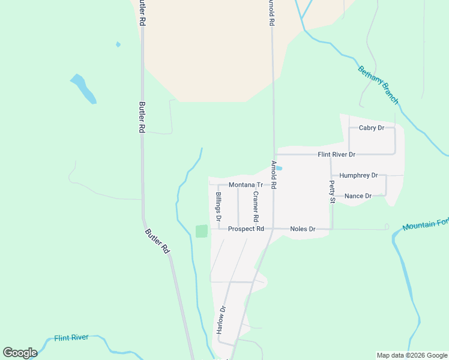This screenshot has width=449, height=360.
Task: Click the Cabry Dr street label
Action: click(x=371, y=128)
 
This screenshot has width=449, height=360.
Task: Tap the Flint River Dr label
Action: click(x=336, y=154)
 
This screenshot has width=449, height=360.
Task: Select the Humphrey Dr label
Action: click(x=358, y=175)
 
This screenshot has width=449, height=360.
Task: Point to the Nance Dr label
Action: click(x=358, y=196)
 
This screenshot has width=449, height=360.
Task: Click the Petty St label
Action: click(x=331, y=192)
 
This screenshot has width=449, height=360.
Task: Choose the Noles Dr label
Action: click(x=303, y=229)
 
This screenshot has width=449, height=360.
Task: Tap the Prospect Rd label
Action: click(x=246, y=229)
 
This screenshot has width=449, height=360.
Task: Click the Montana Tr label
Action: click(x=246, y=185)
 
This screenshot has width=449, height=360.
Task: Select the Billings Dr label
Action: click(x=218, y=205)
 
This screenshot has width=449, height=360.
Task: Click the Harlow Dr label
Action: click(x=221, y=320)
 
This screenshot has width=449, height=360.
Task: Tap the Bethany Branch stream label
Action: click(x=378, y=85)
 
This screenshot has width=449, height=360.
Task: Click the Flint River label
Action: click(x=71, y=338)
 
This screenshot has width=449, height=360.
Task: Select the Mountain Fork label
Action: click(x=426, y=226)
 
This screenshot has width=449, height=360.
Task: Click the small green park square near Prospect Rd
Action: click(x=202, y=231)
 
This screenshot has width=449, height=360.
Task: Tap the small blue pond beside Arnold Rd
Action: click(x=279, y=168)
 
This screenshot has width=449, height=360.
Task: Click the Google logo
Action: click(x=20, y=353)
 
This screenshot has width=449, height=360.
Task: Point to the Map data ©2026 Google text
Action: click(x=412, y=355)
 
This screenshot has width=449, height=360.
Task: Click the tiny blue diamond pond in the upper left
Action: click(x=118, y=44)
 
